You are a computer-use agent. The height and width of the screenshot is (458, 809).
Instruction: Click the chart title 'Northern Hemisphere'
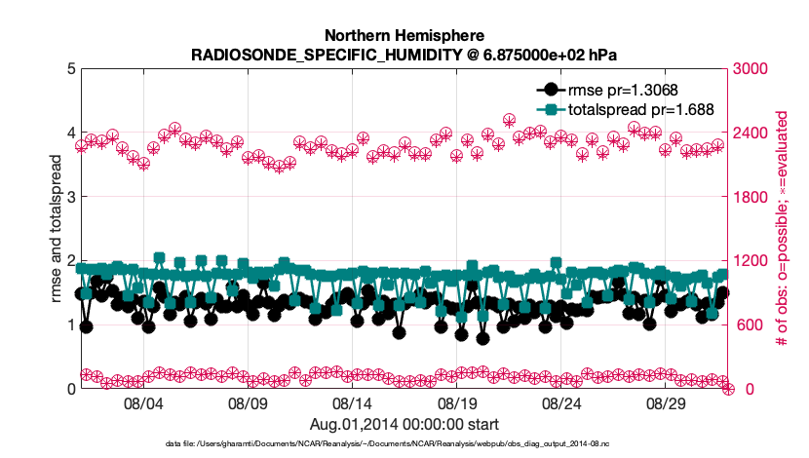404,36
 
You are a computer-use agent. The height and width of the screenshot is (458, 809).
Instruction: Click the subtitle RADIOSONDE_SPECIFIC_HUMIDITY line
404,54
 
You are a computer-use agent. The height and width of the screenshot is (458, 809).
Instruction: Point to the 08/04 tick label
142,403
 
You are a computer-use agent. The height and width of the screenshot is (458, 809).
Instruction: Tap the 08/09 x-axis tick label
248,403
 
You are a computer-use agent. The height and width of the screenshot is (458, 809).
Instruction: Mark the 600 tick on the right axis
746,325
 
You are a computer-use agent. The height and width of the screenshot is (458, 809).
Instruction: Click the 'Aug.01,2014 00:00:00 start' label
404,424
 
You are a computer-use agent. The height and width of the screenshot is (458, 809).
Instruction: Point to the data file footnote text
404,444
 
